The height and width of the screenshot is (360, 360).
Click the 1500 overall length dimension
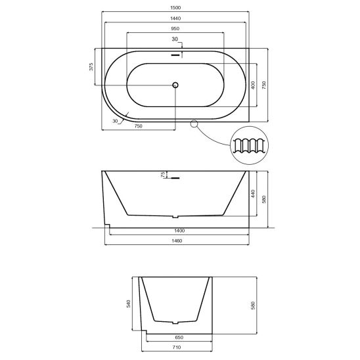175,8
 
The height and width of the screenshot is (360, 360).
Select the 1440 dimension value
175,18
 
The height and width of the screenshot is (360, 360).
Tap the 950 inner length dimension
175,29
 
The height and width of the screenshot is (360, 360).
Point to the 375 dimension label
91,66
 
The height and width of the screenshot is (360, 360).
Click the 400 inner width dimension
253,85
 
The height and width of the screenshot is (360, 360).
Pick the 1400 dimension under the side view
179,231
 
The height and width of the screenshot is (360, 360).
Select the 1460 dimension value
177,241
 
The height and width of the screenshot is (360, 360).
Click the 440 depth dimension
253,194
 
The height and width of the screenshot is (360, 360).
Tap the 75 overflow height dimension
163,175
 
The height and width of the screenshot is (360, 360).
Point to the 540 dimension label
128,304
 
